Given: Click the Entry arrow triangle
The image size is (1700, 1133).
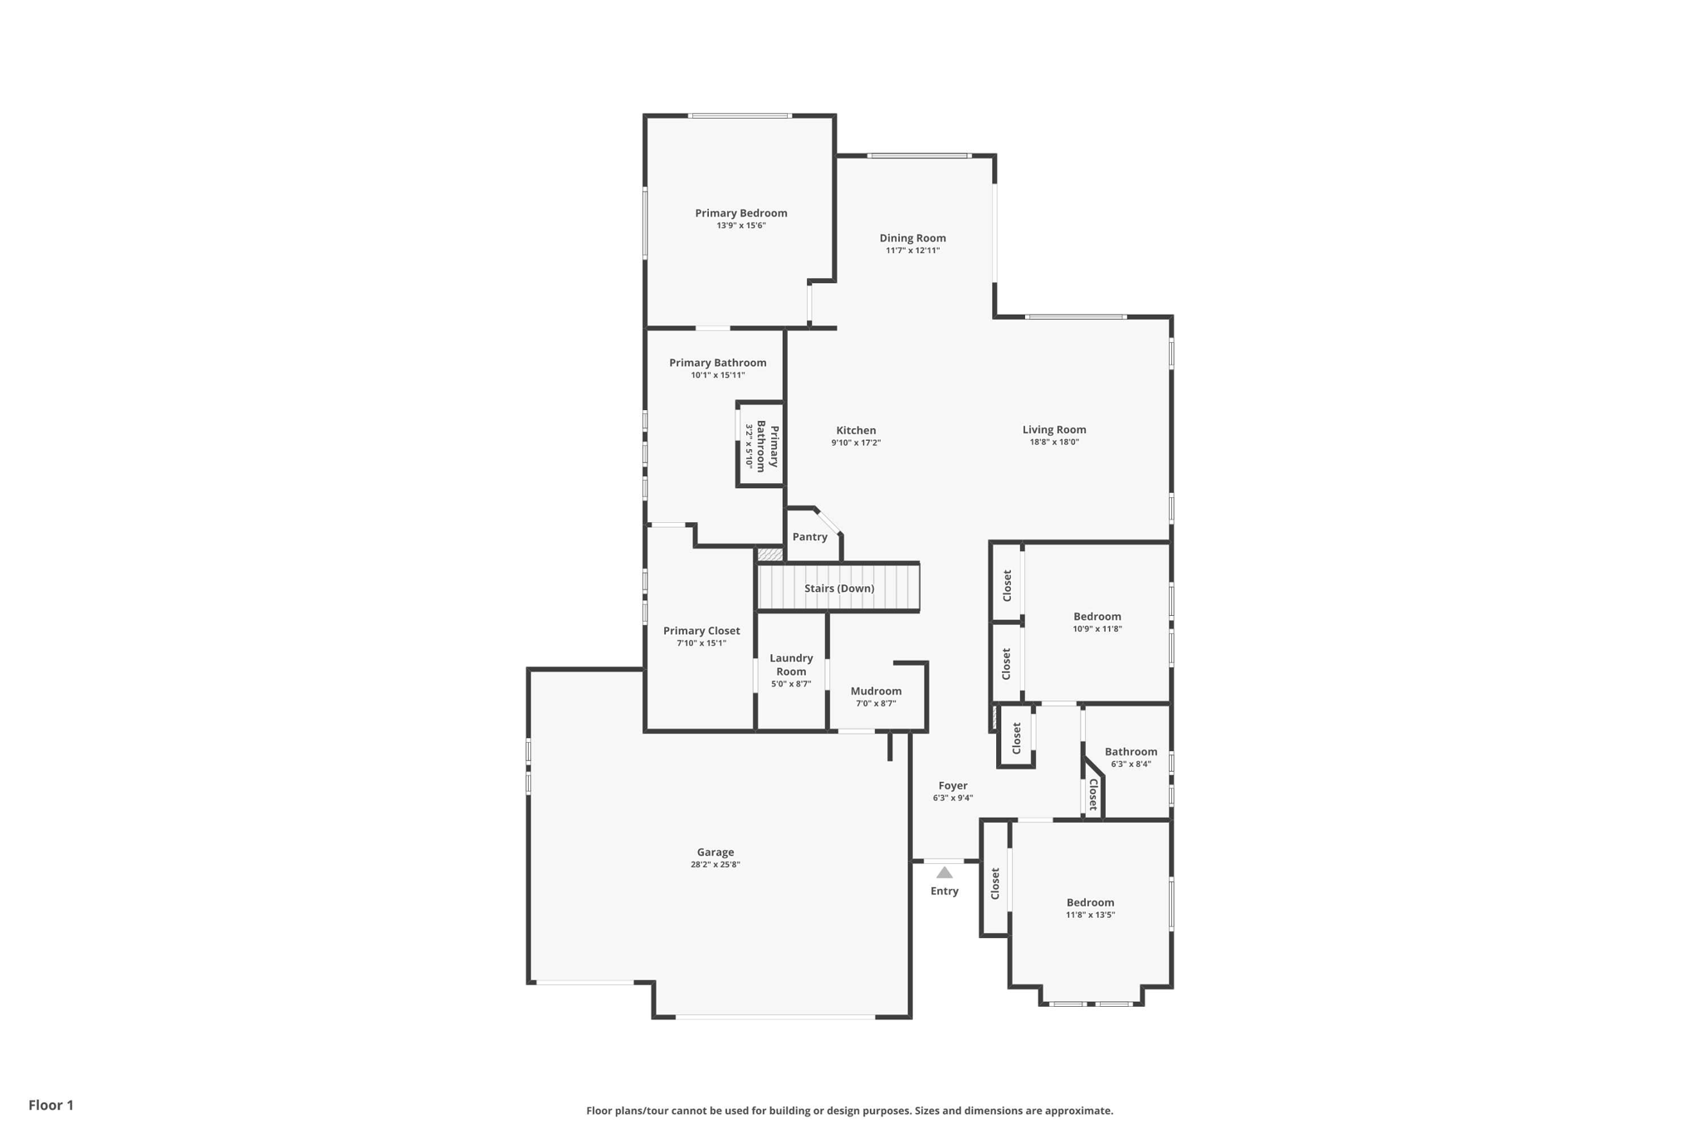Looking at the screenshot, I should click(945, 872).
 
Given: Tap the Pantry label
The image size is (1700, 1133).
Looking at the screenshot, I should click(809, 537).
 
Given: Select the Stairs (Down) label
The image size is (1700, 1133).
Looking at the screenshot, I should click(839, 588).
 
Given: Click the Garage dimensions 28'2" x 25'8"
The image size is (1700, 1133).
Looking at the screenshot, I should click(715, 865).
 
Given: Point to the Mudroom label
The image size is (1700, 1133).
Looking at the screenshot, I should click(876, 691).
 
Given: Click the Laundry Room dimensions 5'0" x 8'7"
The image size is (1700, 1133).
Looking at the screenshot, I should click(790, 684).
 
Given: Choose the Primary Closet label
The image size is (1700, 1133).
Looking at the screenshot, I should click(701, 631).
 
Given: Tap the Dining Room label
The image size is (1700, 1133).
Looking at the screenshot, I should click(912, 238).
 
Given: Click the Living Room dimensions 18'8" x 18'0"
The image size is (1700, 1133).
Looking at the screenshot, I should click(1054, 442).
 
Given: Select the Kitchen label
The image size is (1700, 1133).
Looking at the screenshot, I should click(856, 430).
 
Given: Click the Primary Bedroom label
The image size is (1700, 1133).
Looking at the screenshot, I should click(741, 213).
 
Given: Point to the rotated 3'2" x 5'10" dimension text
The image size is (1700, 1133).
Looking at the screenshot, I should click(749, 447).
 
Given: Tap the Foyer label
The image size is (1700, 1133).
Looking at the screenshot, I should click(953, 785).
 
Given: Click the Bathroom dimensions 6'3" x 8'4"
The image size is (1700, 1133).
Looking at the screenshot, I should click(1131, 764).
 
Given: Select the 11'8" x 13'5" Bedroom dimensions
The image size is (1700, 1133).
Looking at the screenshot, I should click(1090, 915).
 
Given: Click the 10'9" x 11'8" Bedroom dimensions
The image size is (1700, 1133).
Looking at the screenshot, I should click(1097, 629).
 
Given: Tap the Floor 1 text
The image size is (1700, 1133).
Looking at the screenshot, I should click(51, 1105).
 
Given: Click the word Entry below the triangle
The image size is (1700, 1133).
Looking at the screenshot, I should click(945, 891).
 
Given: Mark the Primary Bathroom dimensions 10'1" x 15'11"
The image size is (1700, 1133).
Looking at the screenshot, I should click(717, 375).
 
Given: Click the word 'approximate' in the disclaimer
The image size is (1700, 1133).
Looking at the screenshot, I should click(1077, 1111).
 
